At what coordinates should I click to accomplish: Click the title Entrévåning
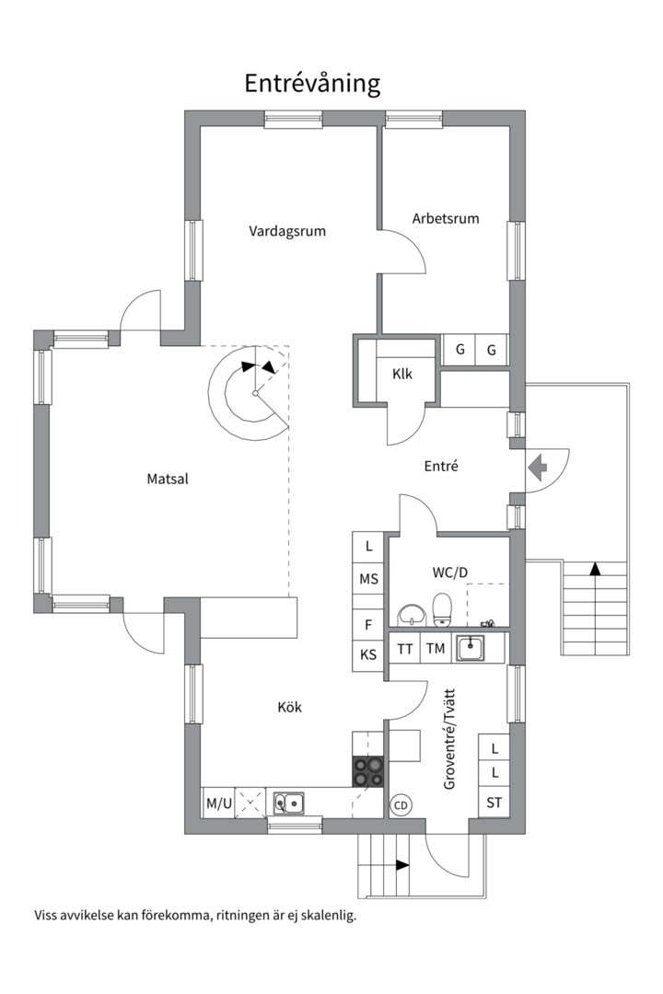click(312, 84)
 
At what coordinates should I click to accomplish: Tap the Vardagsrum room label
click(287, 231)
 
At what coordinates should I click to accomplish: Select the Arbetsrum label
click(446, 219)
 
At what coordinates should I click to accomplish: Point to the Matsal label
click(168, 479)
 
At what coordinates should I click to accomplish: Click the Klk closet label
click(402, 374)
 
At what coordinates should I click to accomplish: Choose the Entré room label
click(441, 466)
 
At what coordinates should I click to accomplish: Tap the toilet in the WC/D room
click(442, 608)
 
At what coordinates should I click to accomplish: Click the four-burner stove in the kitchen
click(368, 772)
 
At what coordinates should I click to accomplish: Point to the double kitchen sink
click(288, 803)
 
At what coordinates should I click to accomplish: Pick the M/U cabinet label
click(219, 803)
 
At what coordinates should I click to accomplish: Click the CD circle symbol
click(401, 805)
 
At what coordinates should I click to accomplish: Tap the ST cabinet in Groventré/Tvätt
click(494, 803)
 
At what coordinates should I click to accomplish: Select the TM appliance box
click(436, 649)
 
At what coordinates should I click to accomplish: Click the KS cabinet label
click(368, 655)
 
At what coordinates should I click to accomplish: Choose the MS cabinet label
click(368, 579)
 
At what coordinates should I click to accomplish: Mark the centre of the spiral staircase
click(255, 394)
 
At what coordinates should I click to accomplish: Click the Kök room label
click(289, 707)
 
